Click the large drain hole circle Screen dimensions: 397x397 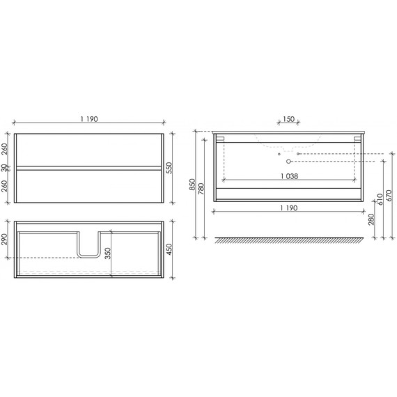[x=289, y=162]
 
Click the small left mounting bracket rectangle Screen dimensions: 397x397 [x=220, y=139]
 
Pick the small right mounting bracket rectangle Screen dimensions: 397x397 [x=357, y=139]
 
